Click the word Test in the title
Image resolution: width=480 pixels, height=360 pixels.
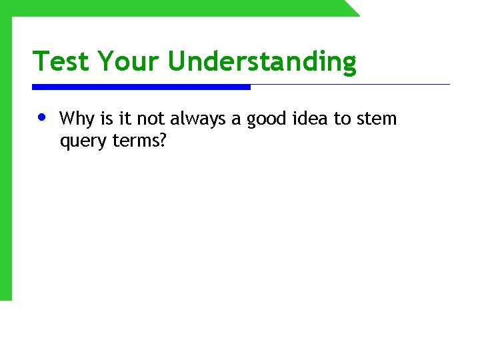tap(61, 61)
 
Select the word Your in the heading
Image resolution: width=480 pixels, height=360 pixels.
tap(129, 61)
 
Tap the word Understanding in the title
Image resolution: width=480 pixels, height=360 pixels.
tap(262, 62)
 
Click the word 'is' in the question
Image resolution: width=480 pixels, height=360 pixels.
tap(107, 119)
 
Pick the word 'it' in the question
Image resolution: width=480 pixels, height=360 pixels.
tap(125, 119)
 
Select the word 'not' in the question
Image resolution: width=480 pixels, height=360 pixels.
tap(149, 119)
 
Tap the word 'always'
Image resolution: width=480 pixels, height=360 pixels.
tap(198, 119)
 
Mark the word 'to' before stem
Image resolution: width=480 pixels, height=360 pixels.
tap(342, 119)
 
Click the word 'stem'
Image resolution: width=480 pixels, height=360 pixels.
tap(376, 119)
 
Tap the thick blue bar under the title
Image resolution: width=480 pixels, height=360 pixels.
tap(141, 87)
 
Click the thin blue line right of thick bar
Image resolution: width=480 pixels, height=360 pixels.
tap(350, 85)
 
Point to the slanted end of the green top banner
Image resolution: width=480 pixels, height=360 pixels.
tap(351, 7)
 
